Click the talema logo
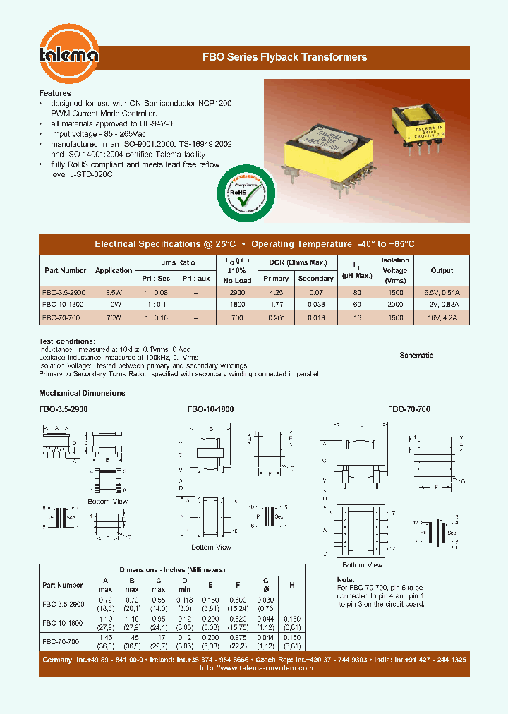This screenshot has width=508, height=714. point(68,53)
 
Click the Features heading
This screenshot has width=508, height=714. point(54,93)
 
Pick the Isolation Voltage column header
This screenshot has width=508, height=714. point(394,270)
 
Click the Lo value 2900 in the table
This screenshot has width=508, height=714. point(237,291)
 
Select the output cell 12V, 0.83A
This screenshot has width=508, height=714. point(442,304)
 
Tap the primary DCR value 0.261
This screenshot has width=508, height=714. point(277,317)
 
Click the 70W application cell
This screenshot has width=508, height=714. point(113,317)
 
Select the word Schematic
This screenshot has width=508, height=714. point(416,356)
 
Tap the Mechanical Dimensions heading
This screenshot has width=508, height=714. point(82,393)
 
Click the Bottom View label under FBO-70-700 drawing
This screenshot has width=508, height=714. point(362,564)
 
